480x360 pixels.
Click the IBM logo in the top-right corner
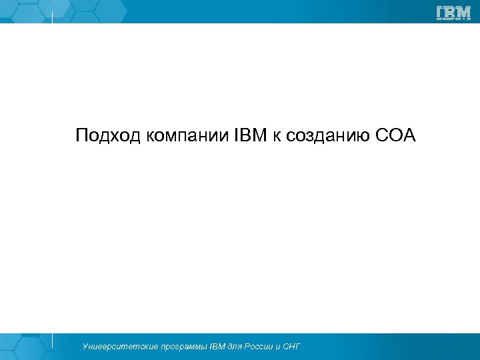pyautogui.click(x=453, y=13)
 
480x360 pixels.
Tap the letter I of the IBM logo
pyautogui.click(x=440, y=13)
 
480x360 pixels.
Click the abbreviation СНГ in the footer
pyautogui.click(x=291, y=347)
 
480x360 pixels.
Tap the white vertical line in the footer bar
pyautogui.click(x=52, y=340)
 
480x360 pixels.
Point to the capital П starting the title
pyautogui.click(x=81, y=136)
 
